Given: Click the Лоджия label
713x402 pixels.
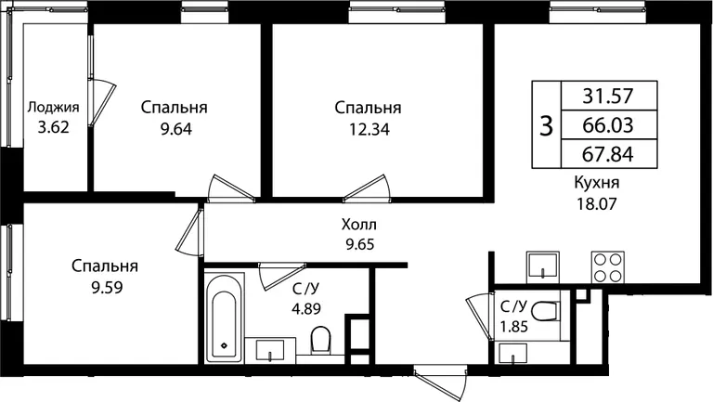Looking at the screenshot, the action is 53,108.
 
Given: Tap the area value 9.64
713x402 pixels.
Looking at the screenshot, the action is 176,129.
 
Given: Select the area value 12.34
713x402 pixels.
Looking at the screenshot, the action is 369,130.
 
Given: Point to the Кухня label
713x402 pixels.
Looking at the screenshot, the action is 597,183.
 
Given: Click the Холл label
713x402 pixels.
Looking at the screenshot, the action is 359,225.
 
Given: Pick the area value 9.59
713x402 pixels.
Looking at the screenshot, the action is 108,288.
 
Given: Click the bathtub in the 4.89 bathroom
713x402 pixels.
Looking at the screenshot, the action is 224,318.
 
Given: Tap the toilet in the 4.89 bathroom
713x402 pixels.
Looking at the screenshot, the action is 321,339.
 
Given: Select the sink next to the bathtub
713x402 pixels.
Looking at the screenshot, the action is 270,350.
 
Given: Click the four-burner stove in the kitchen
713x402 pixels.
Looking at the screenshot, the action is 607,266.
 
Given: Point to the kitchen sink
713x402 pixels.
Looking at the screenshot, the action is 543,266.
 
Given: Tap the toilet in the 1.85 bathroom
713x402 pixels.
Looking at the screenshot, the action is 544,311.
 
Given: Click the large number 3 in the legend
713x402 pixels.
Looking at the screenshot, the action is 546,125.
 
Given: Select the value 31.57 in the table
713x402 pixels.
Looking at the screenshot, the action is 608,96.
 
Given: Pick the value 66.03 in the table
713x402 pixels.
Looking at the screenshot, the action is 608,125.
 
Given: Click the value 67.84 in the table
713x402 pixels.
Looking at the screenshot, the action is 608,155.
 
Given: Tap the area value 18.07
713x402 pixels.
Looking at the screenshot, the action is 597,203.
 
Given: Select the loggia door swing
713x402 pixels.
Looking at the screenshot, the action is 101,102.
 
